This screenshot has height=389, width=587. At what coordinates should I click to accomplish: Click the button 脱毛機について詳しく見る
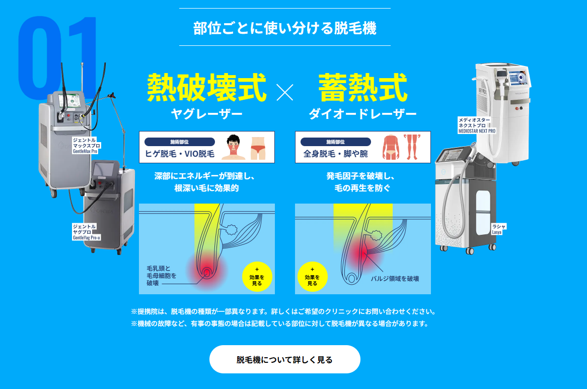point(284,359)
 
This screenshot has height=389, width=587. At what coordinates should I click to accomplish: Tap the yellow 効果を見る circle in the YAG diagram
point(257,277)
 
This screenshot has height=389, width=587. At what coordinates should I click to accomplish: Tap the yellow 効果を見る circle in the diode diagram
point(312,277)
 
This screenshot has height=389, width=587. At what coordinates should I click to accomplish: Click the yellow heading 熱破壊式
point(206,88)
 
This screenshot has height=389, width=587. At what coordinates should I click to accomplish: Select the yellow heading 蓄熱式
point(363,88)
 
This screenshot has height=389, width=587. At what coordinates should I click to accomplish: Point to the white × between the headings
point(285,92)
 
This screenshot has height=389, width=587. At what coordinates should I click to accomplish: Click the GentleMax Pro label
point(87,146)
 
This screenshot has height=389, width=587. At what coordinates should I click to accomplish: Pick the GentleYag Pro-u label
point(86,232)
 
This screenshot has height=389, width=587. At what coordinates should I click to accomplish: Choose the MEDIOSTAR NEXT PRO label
point(477,125)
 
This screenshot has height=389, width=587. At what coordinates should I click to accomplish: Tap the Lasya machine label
point(499,229)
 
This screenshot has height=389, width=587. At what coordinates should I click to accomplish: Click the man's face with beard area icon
point(233,147)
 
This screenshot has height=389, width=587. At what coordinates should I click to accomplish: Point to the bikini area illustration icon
point(258,148)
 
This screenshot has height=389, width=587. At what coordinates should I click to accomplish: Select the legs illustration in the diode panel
point(412,147)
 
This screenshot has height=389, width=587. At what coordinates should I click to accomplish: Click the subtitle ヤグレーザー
point(206,114)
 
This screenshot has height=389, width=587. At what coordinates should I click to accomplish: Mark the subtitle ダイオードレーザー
point(362,114)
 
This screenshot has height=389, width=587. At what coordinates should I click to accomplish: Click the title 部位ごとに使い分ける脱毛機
point(285,28)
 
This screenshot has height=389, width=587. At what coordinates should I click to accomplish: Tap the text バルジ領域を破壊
point(395,279)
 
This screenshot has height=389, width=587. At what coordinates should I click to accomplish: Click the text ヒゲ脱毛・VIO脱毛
point(180,154)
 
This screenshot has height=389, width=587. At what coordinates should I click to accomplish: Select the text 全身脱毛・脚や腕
point(335,154)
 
